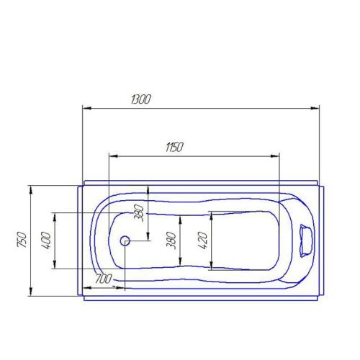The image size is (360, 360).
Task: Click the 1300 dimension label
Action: [141, 100]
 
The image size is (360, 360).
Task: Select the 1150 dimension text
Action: [174, 147]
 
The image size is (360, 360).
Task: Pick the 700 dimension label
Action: [102, 279]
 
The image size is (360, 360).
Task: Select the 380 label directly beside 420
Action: [171, 240]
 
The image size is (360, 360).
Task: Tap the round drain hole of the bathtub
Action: [125, 241]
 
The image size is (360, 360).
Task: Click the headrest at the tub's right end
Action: [305, 240]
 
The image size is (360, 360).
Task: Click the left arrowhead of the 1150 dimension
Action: [111, 156]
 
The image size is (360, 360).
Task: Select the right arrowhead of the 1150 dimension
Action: [277, 156]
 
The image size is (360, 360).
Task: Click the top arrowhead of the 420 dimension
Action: [210, 215]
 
